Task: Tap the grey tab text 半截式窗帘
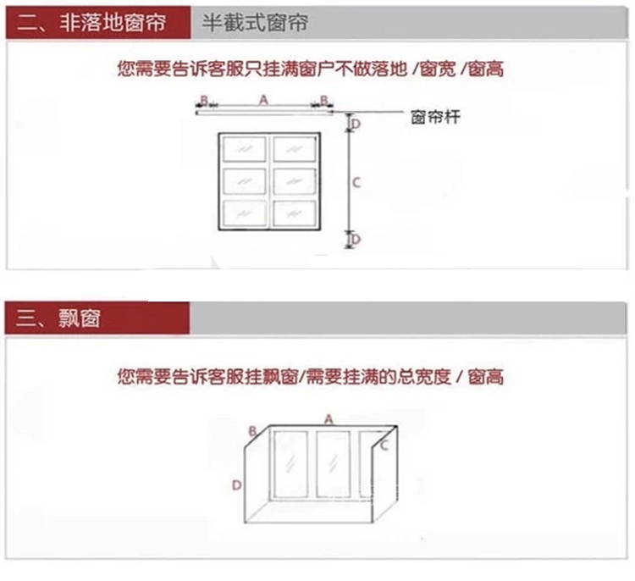[255, 23]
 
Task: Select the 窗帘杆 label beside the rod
[435, 118]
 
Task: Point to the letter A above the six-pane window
[263, 99]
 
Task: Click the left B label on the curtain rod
[202, 100]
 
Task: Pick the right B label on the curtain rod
[323, 100]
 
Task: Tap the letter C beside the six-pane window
[356, 182]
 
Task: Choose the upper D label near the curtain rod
[356, 124]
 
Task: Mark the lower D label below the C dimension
[356, 240]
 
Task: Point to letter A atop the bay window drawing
[329, 418]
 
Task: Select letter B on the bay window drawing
[252, 431]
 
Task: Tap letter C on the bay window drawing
[384, 444]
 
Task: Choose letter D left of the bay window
[238, 484]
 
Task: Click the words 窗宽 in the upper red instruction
[448, 69]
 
